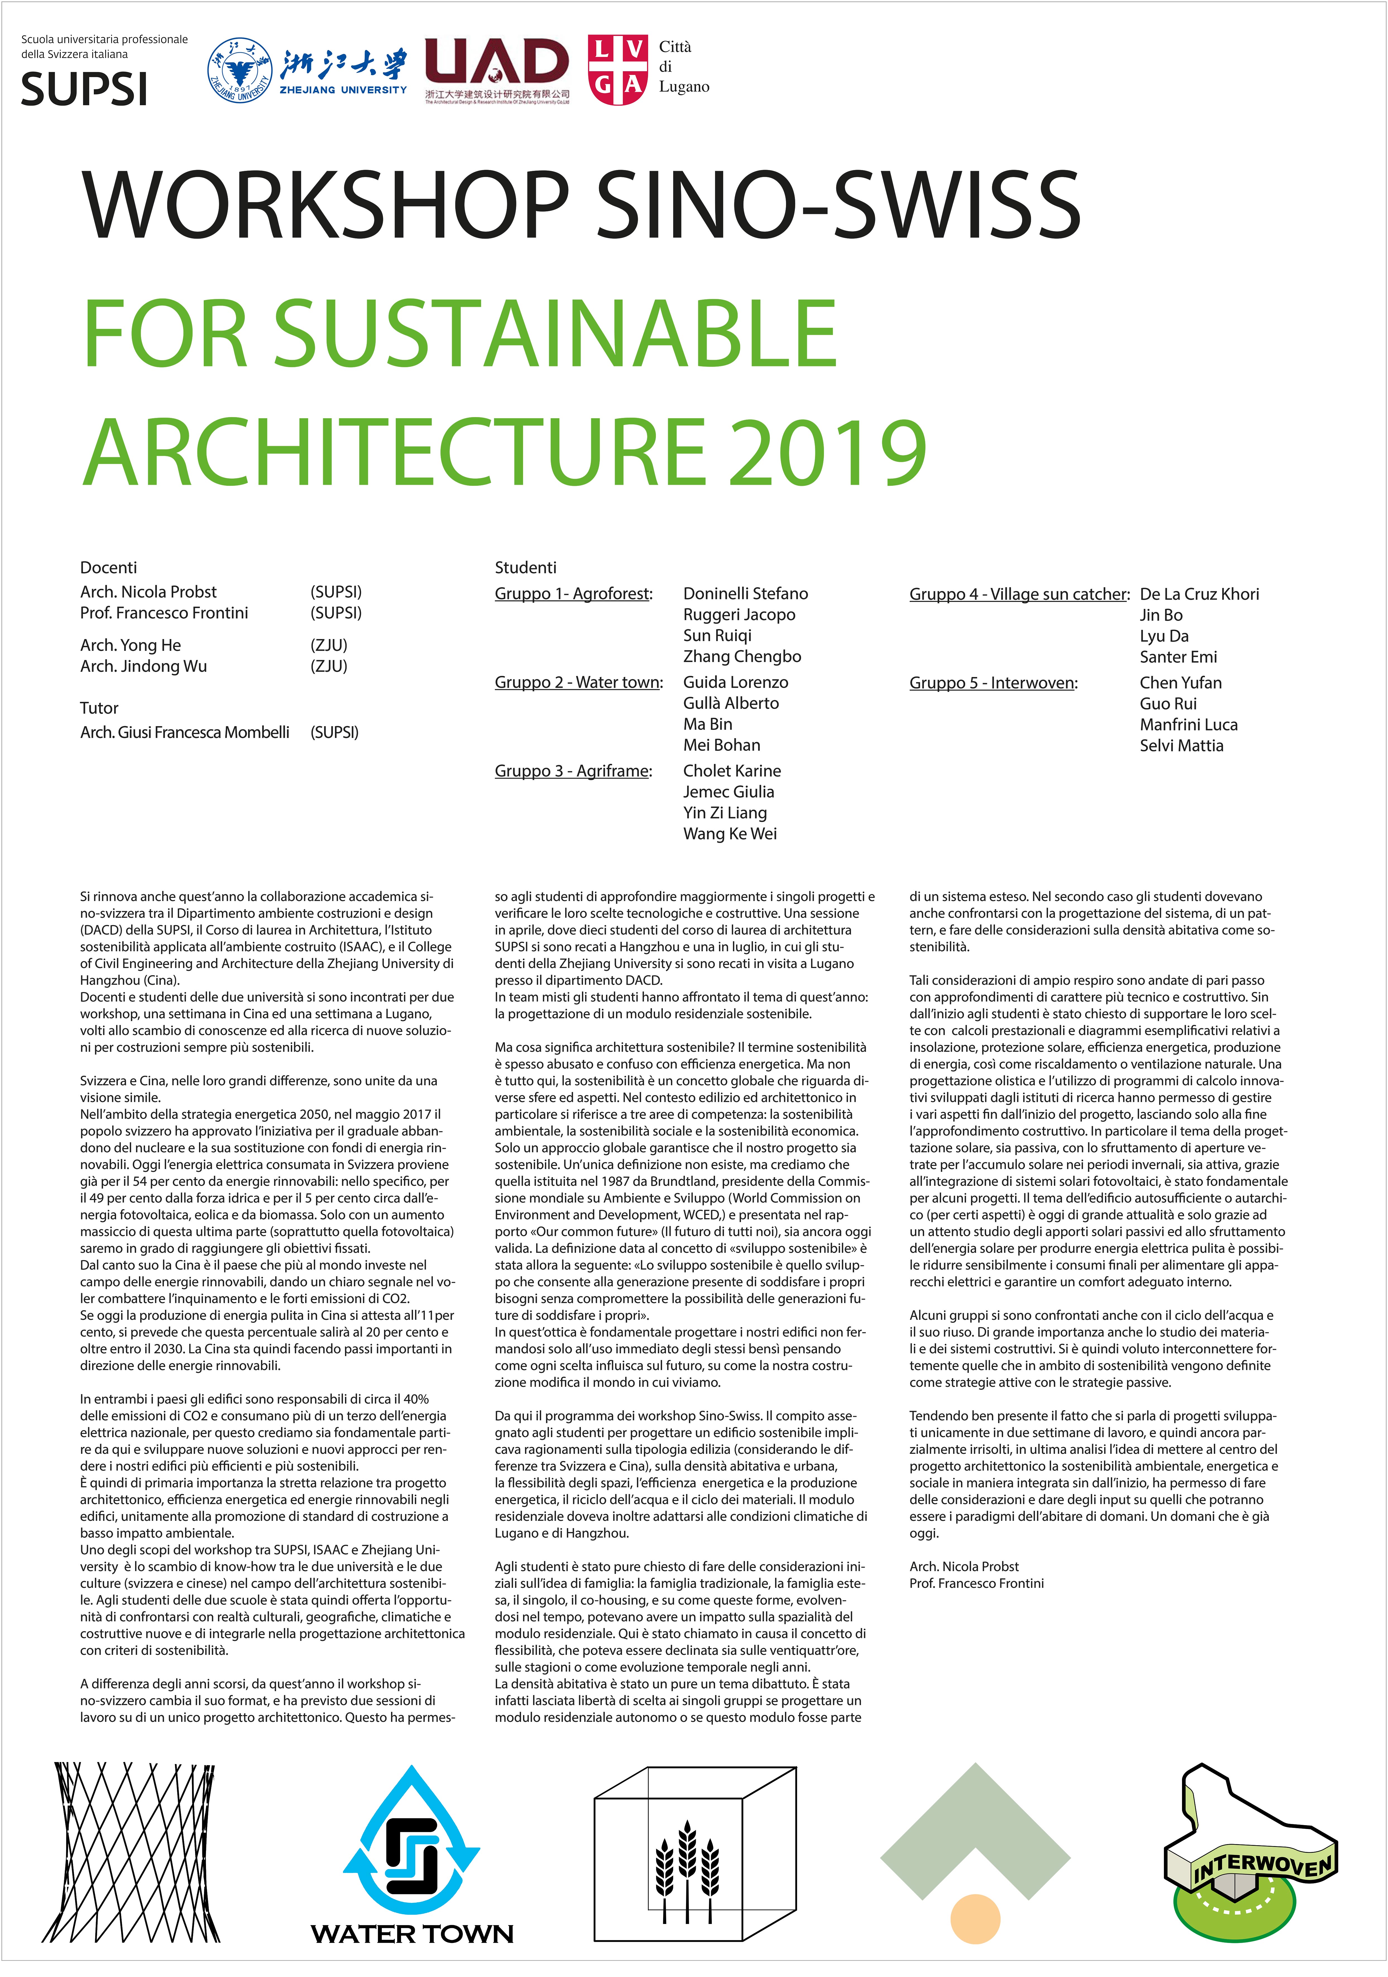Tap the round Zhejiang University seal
(239, 71)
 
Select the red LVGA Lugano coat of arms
(617, 71)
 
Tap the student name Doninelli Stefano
(745, 593)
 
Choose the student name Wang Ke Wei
(729, 833)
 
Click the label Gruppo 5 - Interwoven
(993, 683)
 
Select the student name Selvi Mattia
(1181, 746)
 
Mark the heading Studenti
(525, 567)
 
